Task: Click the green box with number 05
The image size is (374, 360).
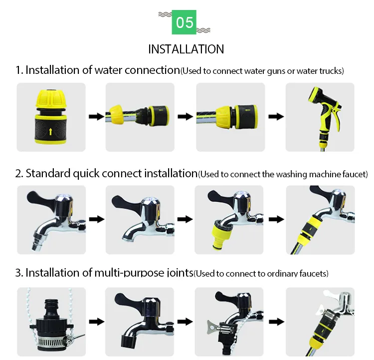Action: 185,22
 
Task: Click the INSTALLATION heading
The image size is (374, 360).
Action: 186,49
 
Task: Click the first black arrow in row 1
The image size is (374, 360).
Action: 95,117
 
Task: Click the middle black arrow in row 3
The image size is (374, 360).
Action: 185,321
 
